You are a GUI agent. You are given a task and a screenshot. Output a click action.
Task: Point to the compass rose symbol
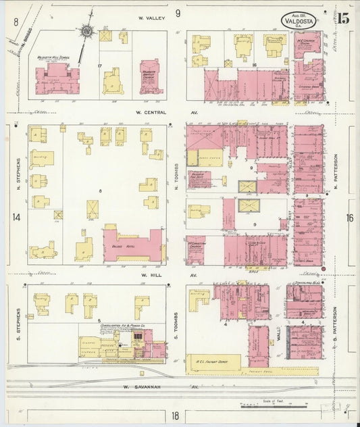click(x=87, y=30)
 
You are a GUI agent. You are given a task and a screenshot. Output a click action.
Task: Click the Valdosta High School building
click(x=57, y=77)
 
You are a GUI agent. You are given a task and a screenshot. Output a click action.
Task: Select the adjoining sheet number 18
click(x=176, y=416)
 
